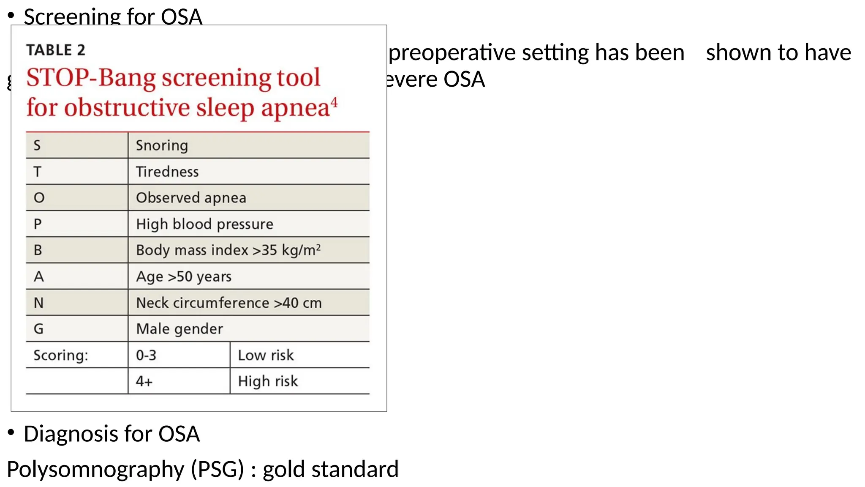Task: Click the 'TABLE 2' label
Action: (x=56, y=50)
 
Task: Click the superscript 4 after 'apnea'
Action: (x=334, y=102)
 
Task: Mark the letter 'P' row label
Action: (x=38, y=224)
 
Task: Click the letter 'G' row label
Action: (x=38, y=329)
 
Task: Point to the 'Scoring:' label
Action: (x=61, y=355)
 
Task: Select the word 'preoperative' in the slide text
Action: (x=452, y=53)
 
